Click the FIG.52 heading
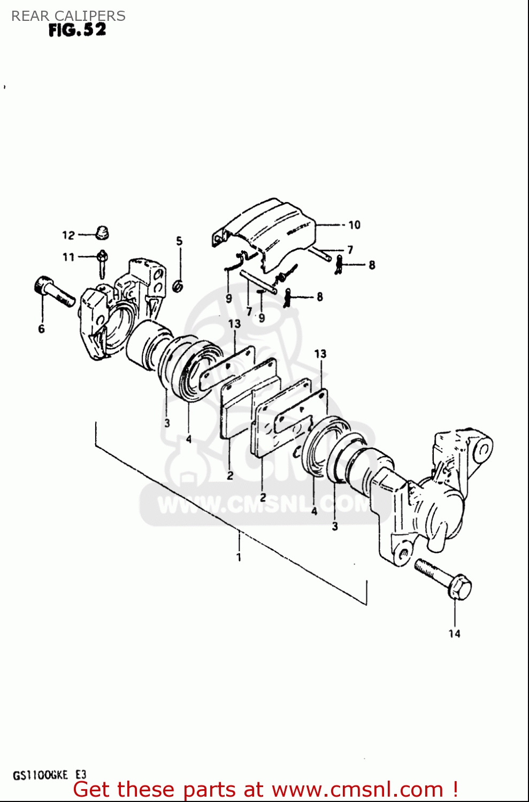point(77,30)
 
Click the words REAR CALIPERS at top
point(68,16)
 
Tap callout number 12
point(68,235)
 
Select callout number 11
point(68,257)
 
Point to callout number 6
point(41,329)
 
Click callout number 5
point(179,241)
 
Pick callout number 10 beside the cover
point(355,225)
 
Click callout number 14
point(454,634)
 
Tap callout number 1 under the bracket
point(239,557)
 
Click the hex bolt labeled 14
point(444,580)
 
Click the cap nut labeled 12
point(102,233)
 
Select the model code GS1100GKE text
point(40,775)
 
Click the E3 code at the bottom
point(80,775)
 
